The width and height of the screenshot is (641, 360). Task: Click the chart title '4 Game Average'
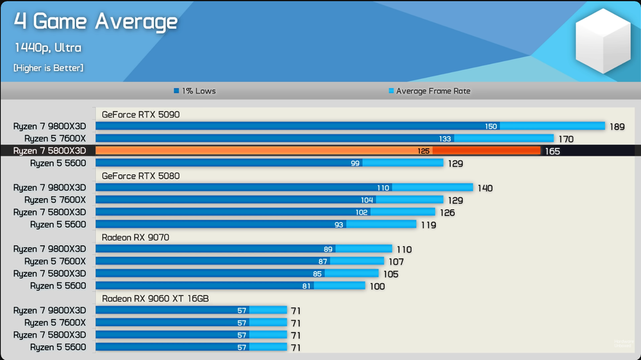click(96, 21)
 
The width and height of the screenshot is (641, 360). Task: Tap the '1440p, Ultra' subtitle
click(48, 48)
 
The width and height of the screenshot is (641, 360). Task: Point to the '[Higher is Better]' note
click(48, 68)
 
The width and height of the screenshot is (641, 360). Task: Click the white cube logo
click(603, 41)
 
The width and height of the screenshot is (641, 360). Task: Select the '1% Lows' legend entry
click(195, 91)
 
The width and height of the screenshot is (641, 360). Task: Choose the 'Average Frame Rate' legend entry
click(429, 91)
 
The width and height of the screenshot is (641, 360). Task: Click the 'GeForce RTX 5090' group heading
click(140, 115)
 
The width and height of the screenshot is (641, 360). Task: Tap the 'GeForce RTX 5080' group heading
click(140, 176)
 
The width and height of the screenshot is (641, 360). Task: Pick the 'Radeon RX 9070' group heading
click(135, 238)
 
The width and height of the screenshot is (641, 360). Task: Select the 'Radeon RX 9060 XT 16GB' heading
click(155, 299)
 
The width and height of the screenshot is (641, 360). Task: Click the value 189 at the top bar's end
click(617, 127)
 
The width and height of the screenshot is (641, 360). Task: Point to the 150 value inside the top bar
click(491, 126)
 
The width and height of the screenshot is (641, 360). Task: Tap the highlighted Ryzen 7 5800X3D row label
click(49, 151)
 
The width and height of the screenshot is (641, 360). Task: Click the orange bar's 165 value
click(553, 151)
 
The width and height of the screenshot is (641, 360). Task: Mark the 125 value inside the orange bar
click(424, 151)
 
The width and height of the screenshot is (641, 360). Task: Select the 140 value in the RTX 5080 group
click(485, 188)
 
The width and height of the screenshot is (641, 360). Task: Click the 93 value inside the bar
click(339, 225)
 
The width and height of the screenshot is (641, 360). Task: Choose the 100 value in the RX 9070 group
click(378, 286)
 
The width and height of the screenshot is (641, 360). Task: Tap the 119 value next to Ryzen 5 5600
click(428, 225)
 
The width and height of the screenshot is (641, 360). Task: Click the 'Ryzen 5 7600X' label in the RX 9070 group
click(55, 261)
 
